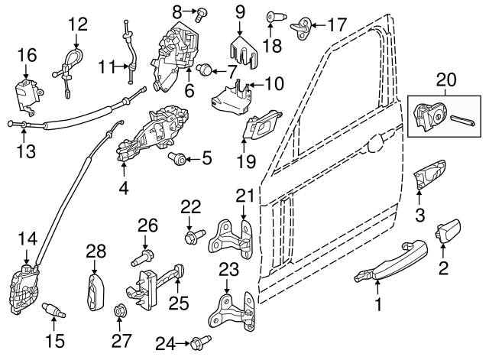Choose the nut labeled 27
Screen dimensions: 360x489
119,311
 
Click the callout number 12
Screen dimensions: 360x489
78,24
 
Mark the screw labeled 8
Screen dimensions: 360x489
202,12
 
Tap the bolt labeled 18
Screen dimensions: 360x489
273,16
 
